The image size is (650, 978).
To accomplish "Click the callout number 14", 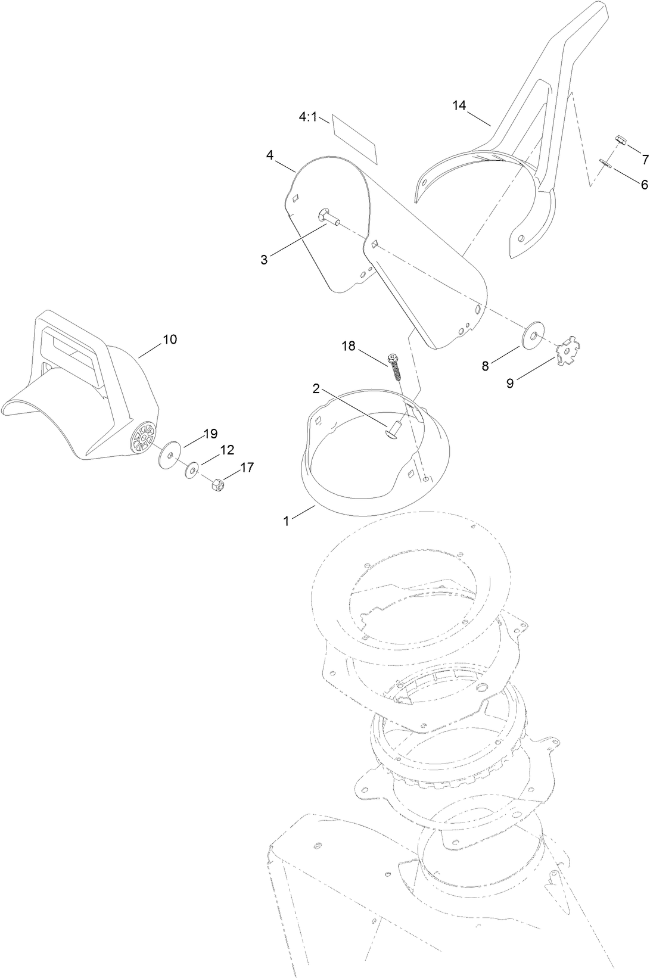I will pyautogui.click(x=459, y=105).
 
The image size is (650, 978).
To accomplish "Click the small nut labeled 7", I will pyautogui.click(x=621, y=142).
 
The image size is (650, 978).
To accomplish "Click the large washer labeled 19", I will pyautogui.click(x=171, y=455).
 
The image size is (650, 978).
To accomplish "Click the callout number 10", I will pyautogui.click(x=170, y=339).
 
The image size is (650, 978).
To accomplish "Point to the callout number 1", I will pyautogui.click(x=286, y=521).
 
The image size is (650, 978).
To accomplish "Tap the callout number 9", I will pyautogui.click(x=510, y=383).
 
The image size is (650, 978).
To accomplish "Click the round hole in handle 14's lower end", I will pyautogui.click(x=521, y=238).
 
